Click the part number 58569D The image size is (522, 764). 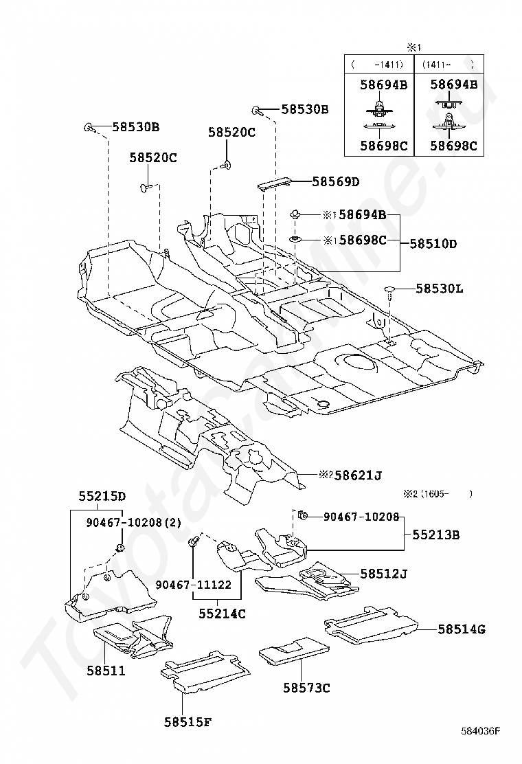tap(335, 182)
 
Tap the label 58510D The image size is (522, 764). tap(433, 243)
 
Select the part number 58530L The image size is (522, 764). tap(439, 289)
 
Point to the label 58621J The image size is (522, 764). tap(357, 475)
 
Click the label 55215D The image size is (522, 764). tap(102, 496)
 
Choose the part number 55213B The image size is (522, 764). tap(436, 535)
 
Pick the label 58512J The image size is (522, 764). tap(384, 574)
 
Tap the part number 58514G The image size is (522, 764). tap(461, 629)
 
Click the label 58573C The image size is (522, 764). tap(306, 688)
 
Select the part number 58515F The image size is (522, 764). tap(188, 721)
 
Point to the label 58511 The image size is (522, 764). tap(106, 671)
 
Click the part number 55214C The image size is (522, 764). tap(222, 614)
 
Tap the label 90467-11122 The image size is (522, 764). tap(193, 585)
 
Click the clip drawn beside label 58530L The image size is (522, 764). tap(389, 291)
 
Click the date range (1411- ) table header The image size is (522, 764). tap(448, 65)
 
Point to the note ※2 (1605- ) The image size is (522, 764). tap(438, 493)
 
